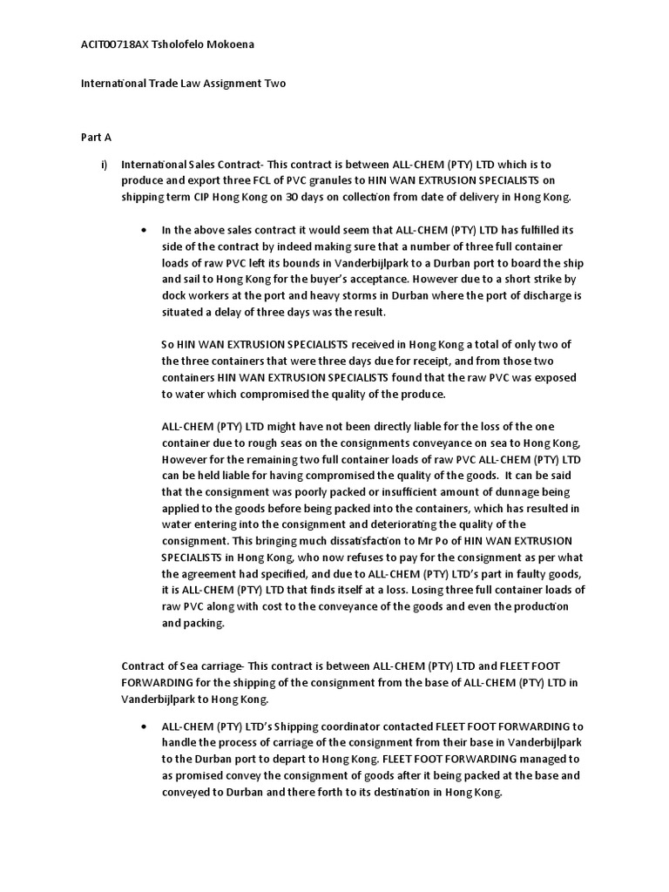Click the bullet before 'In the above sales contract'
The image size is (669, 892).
[144, 231]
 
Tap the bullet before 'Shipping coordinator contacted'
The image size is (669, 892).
[144, 726]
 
